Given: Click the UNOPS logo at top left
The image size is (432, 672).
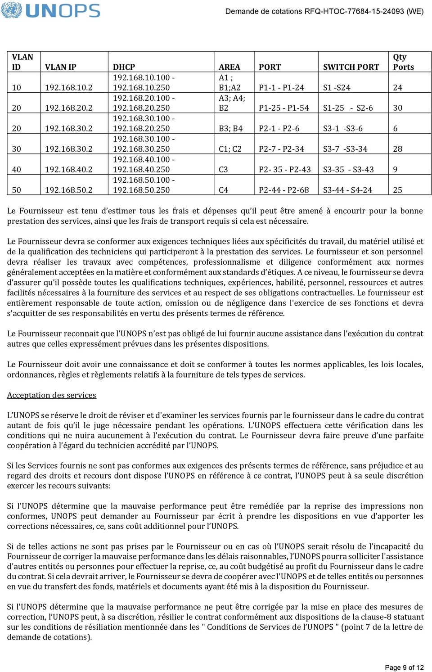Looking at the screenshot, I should point(50,10).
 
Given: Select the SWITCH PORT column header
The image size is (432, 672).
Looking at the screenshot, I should point(351,67).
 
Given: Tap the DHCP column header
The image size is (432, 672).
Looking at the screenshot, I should point(124,67).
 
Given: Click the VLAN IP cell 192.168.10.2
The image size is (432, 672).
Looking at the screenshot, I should point(68,88).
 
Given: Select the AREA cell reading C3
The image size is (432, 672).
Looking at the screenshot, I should point(223,170).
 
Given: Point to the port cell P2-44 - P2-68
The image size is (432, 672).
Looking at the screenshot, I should point(284,190).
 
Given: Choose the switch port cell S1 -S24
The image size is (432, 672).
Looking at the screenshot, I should point(337,88).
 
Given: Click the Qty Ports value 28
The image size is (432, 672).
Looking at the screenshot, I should point(398,149).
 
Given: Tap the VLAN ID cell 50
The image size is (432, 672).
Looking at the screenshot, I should point(16,190).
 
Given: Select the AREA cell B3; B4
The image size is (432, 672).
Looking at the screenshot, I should point(230,129).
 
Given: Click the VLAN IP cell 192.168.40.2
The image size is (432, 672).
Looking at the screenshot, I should point(68,170).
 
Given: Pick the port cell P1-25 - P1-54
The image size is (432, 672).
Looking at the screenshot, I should point(284,108).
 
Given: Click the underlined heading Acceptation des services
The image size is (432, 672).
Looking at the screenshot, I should point(51,395).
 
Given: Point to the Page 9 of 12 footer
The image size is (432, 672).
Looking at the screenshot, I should point(404,667).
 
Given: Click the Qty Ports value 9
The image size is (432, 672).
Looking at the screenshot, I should point(395,170).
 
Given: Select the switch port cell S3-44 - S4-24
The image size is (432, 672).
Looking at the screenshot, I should point(347,190).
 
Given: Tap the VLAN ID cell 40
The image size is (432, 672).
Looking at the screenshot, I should point(16,170).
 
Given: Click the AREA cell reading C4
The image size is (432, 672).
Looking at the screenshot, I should point(223,190).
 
